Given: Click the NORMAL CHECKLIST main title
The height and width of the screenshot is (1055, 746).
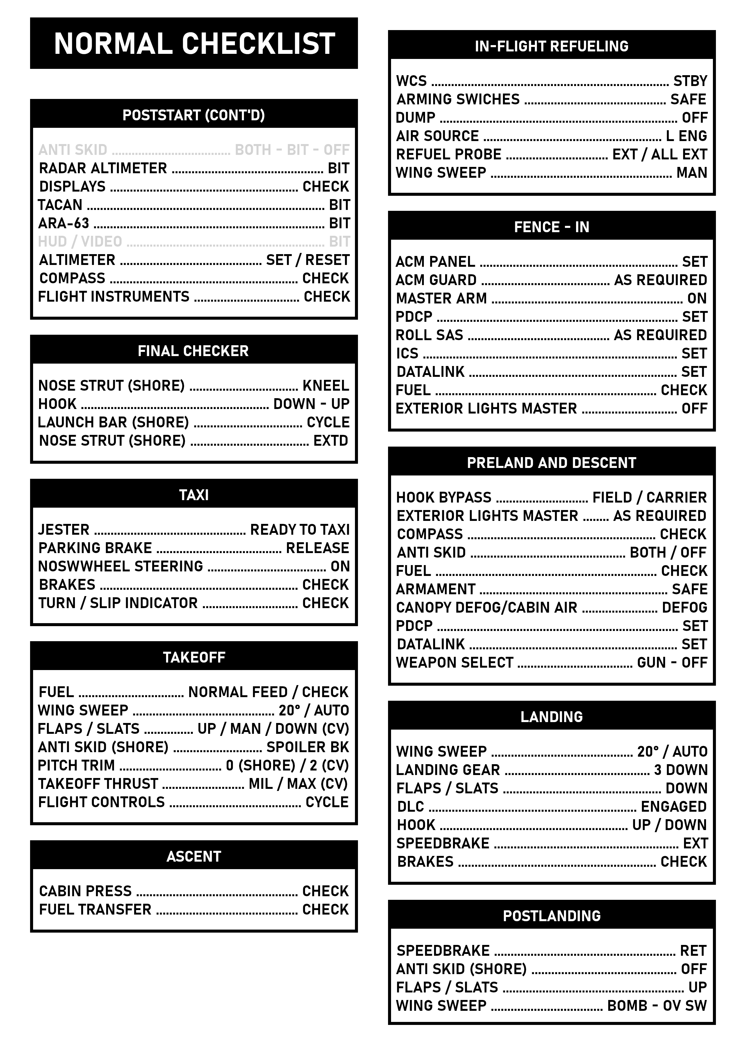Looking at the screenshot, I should [x=194, y=44].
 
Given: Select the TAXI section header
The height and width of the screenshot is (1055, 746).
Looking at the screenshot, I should [x=193, y=495].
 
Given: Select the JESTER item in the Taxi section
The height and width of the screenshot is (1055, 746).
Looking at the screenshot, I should [x=63, y=530].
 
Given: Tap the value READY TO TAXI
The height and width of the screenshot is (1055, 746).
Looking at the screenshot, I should [x=300, y=530].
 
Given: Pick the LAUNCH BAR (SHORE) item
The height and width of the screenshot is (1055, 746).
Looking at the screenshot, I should [x=113, y=422].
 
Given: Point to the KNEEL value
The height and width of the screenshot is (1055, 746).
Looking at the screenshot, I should [x=325, y=386].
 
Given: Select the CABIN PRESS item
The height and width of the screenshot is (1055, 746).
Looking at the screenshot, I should [x=85, y=891].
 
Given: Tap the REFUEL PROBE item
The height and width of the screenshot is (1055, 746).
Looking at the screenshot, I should [x=449, y=154].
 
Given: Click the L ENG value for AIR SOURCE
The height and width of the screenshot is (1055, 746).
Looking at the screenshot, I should [x=686, y=136].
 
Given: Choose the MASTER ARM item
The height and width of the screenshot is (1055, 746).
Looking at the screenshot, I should [x=441, y=298].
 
